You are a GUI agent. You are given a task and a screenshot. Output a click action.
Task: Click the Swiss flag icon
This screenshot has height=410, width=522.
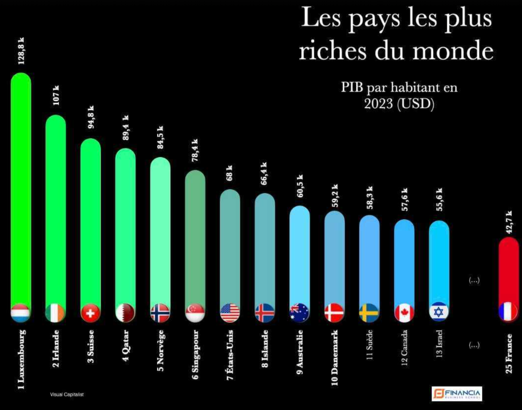90,312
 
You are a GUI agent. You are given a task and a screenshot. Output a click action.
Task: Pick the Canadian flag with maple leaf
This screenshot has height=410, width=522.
404,312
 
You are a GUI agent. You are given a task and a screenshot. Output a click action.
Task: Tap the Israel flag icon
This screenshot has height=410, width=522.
439,312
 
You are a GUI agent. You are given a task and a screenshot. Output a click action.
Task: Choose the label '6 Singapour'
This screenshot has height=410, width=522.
196,355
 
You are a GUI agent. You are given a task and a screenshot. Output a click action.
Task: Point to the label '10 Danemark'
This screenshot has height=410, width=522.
335,358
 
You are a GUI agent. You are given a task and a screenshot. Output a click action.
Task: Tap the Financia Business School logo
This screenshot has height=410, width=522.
456,393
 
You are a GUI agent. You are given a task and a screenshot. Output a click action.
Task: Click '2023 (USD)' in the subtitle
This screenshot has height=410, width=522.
399,105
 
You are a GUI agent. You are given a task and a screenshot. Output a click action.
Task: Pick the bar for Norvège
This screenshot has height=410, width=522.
161,232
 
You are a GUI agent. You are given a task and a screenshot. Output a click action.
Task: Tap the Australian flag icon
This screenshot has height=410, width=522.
300,312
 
